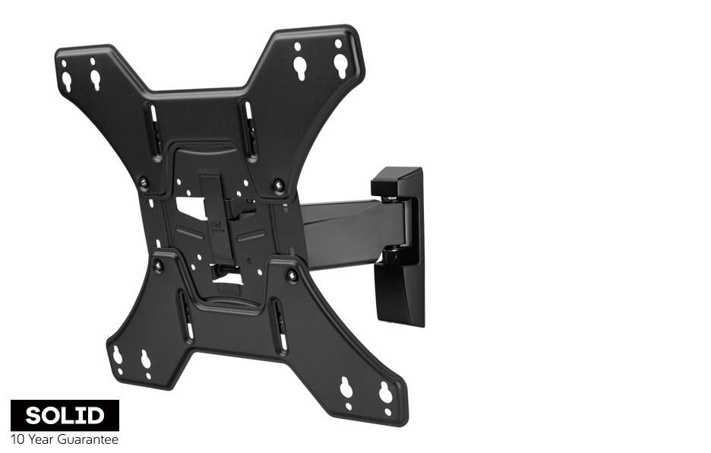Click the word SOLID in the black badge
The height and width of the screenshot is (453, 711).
pyautogui.click(x=65, y=415)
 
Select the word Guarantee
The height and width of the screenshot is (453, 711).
pyautogui.click(x=88, y=439)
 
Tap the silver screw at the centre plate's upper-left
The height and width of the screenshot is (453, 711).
pyautogui.click(x=144, y=181)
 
